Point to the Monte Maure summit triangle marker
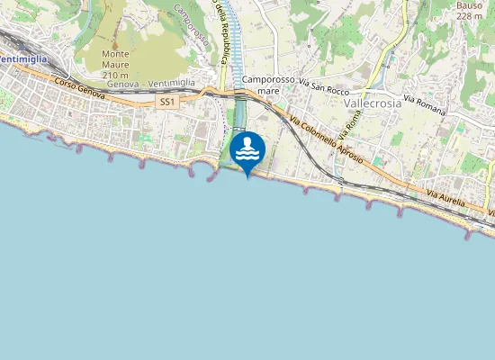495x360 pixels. (x=115, y=43)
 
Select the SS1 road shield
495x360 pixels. (x=166, y=103)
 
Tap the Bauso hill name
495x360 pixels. (x=469, y=4)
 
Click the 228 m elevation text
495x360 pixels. (x=469, y=15)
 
